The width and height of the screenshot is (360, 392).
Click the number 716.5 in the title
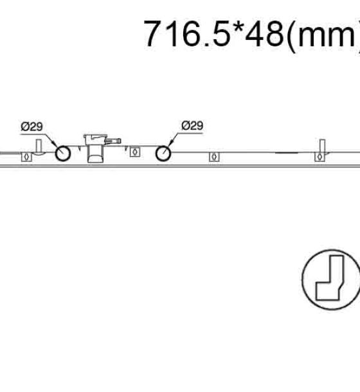186,33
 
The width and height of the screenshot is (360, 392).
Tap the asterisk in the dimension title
238,27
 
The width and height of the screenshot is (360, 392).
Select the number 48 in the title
264,33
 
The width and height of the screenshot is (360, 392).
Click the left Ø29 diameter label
32,127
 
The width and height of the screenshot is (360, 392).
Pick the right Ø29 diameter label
192,125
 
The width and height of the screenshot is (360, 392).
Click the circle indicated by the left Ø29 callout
63,153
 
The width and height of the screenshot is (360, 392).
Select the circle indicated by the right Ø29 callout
163,153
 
